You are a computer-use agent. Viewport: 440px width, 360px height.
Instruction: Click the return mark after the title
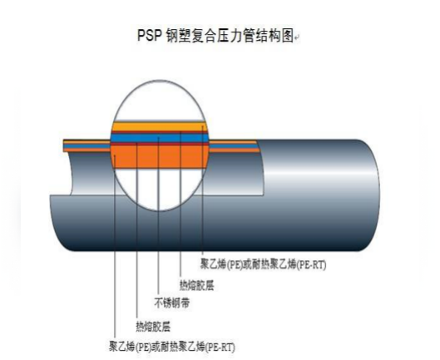coord(297,37)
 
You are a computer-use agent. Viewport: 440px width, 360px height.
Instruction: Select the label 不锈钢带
coord(172,303)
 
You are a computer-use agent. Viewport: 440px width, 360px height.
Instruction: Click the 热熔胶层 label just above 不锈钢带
coord(196,285)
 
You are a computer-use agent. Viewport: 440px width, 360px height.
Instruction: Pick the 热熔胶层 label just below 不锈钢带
coord(153,327)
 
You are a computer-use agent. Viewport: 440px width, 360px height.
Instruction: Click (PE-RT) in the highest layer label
coord(311,264)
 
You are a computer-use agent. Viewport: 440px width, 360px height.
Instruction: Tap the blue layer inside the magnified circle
coord(160,138)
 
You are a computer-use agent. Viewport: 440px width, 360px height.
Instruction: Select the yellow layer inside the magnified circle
coord(160,126)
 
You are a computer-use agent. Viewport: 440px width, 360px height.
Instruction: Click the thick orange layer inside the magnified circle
coord(160,156)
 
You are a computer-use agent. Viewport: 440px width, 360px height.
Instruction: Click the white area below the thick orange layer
coord(159,188)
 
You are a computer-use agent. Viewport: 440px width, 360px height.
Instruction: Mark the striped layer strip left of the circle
coord(87,145)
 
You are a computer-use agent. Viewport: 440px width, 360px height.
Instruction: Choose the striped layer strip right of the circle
coord(235,146)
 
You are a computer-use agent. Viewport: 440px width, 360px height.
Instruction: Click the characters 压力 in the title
coord(230,35)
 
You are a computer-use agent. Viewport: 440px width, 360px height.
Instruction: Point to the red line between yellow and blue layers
coord(160,132)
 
